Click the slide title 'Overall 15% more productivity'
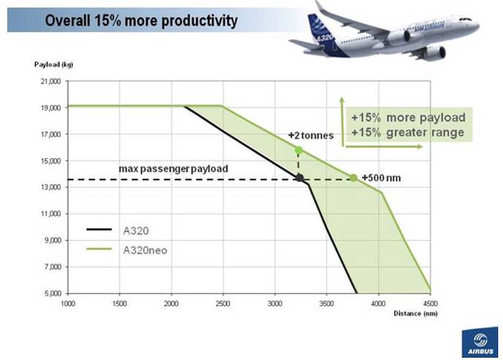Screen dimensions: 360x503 pyautogui.click(x=141, y=20)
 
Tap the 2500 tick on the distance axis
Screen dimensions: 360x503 pyautogui.click(x=222, y=302)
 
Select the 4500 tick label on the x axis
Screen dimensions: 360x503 pyautogui.click(x=429, y=302)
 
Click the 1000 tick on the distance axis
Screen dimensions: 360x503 pyautogui.click(x=68, y=302)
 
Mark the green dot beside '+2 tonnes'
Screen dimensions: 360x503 pyautogui.click(x=298, y=150)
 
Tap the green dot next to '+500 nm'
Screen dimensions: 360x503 pyautogui.click(x=354, y=178)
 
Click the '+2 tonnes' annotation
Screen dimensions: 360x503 pyautogui.click(x=311, y=136)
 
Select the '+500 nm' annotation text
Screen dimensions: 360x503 pyautogui.click(x=381, y=178)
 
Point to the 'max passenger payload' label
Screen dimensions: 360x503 pyautogui.click(x=173, y=168)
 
